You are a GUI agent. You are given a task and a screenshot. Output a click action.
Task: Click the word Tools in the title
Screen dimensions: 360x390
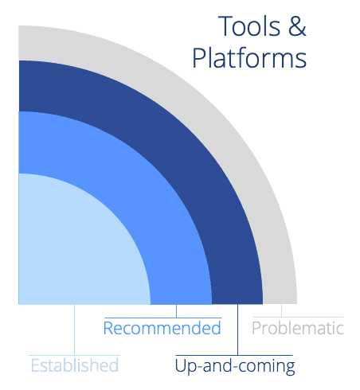click(249, 26)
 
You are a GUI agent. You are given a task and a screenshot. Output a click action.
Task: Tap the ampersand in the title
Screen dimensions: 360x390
click(297, 26)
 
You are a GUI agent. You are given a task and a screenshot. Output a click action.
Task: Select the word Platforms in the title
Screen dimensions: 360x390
click(249, 58)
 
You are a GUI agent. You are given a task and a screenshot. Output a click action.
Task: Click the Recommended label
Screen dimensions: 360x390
click(162, 328)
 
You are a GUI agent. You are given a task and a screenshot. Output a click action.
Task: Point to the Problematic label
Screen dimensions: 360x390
click(298, 328)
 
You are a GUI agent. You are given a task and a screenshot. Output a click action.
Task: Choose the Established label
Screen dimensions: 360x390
click(75, 365)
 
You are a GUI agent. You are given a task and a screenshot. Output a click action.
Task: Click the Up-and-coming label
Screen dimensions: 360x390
click(235, 366)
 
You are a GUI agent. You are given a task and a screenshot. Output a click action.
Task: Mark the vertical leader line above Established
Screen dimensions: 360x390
click(74, 330)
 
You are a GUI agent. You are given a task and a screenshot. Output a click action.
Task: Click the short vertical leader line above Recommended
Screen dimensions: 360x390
click(176, 311)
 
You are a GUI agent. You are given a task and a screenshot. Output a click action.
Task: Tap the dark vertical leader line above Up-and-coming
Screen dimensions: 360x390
click(237, 330)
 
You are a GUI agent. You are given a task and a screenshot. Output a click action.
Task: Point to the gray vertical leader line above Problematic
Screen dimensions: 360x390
click(281, 310)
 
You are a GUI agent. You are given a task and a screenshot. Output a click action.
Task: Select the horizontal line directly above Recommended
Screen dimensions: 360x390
click(163, 318)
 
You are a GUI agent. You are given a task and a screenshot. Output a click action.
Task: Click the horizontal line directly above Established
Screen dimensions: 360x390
click(75, 355)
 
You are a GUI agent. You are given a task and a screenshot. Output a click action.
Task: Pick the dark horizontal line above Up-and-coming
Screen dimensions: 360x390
click(234, 355)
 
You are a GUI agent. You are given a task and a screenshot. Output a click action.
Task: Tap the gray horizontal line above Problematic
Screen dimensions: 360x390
click(299, 317)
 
